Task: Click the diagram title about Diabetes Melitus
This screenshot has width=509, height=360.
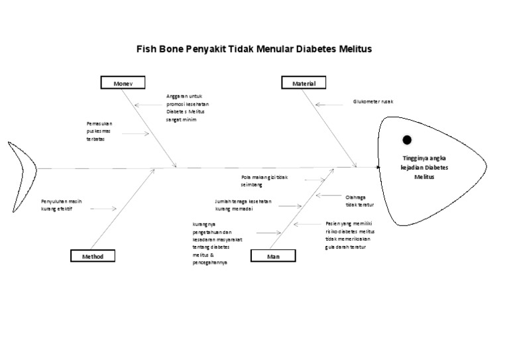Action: point(254,49)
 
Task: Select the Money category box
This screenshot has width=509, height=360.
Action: point(123,84)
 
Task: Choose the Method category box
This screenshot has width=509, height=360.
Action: point(92,256)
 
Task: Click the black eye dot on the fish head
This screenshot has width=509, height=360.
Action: point(407,139)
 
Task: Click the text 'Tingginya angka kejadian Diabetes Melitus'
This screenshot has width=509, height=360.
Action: point(425,168)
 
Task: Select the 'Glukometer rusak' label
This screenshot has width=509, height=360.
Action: point(373,102)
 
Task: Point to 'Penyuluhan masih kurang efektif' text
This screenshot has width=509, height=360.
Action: point(65,204)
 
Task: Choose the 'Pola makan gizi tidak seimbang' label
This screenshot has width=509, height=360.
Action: point(264,181)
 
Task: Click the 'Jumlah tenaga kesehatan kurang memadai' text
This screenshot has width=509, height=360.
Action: point(243,204)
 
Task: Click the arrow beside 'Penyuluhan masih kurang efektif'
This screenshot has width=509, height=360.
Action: point(103,208)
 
